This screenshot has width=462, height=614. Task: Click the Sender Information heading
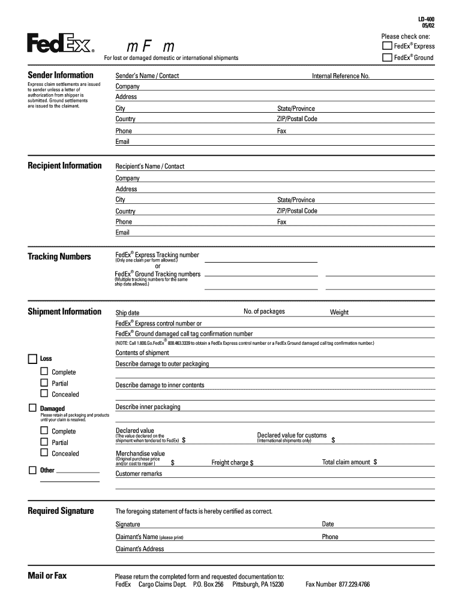coord(61,75)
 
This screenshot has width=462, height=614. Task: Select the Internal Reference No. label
coord(340,76)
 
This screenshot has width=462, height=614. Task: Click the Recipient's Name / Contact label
coord(150,166)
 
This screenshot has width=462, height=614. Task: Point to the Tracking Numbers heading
coord(59,257)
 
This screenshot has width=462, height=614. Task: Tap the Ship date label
coord(127,313)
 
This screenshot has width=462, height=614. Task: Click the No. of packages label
coord(264,312)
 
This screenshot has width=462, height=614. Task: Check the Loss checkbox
coord(32,359)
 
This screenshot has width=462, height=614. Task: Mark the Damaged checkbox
coord(32,408)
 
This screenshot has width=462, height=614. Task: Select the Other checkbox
coord(32,470)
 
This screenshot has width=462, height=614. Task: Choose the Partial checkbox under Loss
coord(44,383)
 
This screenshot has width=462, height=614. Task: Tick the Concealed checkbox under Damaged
coord(44,453)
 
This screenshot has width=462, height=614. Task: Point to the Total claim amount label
coord(346,462)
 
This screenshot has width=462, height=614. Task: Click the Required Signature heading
coord(61,511)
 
